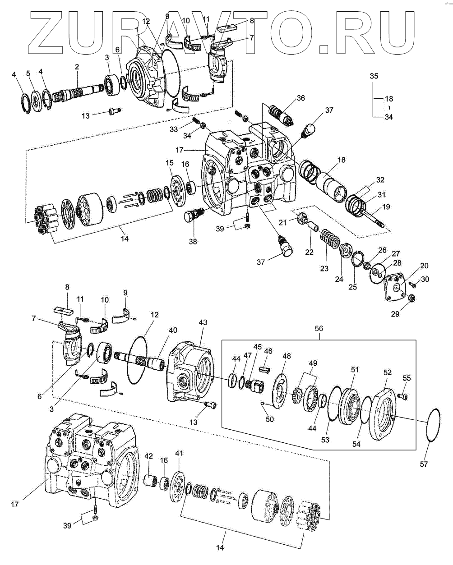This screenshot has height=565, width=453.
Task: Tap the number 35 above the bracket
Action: point(374,76)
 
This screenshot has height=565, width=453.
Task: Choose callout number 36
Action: point(300,98)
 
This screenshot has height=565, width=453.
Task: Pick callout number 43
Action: point(203,322)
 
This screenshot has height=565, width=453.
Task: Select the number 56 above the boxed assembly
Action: point(319,328)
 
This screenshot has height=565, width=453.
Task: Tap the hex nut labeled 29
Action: point(412,298)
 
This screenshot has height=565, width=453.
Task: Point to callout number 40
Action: point(173,330)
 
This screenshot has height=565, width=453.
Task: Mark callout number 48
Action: point(287,356)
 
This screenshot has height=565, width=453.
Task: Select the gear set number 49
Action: point(313,363)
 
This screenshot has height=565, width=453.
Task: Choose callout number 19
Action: point(386,207)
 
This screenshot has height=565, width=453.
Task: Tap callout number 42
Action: point(148,456)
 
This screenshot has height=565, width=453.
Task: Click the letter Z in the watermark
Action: point(46,32)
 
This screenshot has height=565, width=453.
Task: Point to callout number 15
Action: point(170,163)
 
